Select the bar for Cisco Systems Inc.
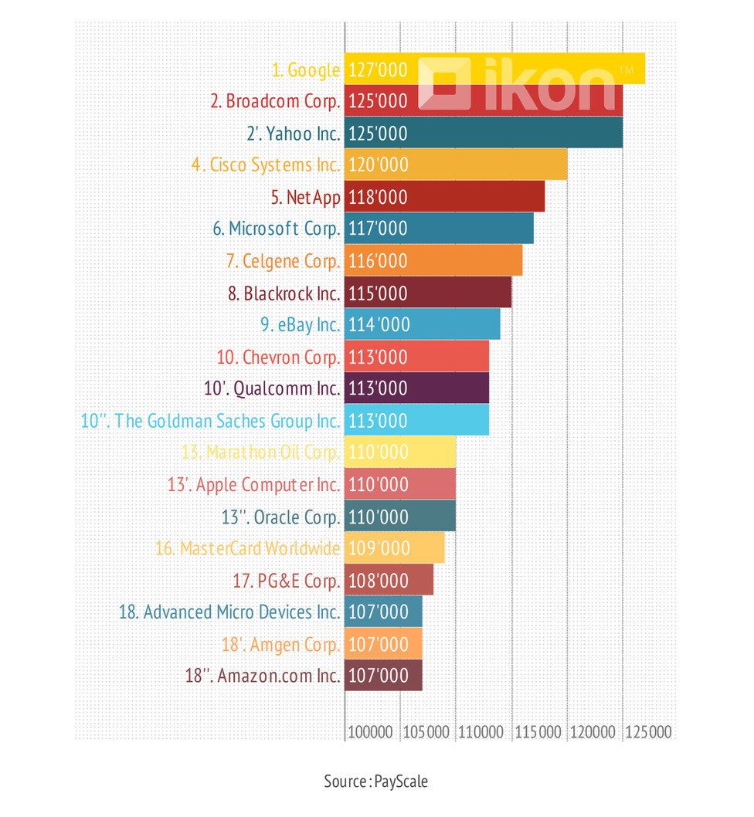pyautogui.click(x=456, y=164)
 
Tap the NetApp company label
pyautogui.click(x=306, y=197)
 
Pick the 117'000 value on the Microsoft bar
pyautogui.click(x=378, y=229)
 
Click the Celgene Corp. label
pyautogui.click(x=283, y=261)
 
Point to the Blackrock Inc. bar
pyautogui.click(x=428, y=293)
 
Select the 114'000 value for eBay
pyautogui.click(x=379, y=325)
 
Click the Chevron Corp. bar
pyautogui.click(x=416, y=357)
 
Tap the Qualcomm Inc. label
pyautogui.click(x=272, y=388)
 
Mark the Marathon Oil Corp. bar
pyautogui.click(x=400, y=453)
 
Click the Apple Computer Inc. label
pyautogui.click(x=253, y=485)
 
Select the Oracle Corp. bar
pyautogui.click(x=400, y=517)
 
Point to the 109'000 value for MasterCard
pyautogui.click(x=378, y=548)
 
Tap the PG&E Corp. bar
pyautogui.click(x=389, y=580)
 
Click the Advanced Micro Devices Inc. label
pyautogui.click(x=229, y=612)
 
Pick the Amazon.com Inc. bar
pyautogui.click(x=383, y=676)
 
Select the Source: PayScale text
pyautogui.click(x=376, y=781)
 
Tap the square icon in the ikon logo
pyautogui.click(x=444, y=83)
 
